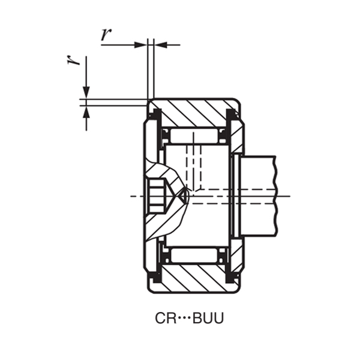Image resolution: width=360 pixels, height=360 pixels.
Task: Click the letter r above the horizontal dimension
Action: coord(106,34)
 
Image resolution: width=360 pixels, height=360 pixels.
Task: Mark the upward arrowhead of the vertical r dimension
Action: coord(86,110)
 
